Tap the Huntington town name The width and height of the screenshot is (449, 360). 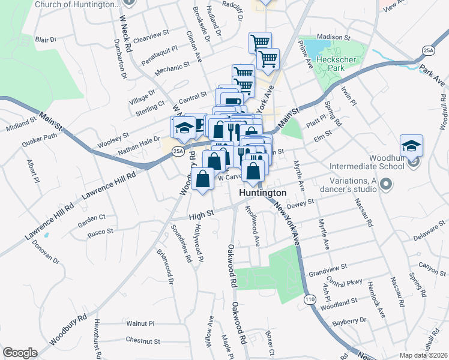262,193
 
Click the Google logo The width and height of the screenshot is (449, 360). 20,353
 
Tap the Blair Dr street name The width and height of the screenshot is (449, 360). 46,40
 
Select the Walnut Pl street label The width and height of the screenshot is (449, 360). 140,323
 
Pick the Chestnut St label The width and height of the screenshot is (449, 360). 143,340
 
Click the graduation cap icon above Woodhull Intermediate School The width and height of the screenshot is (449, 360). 411,146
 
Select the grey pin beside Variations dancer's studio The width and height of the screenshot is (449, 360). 385,184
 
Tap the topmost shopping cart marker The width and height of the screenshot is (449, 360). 260,43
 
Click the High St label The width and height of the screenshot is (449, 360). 201,213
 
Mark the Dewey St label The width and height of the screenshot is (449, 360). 301,206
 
